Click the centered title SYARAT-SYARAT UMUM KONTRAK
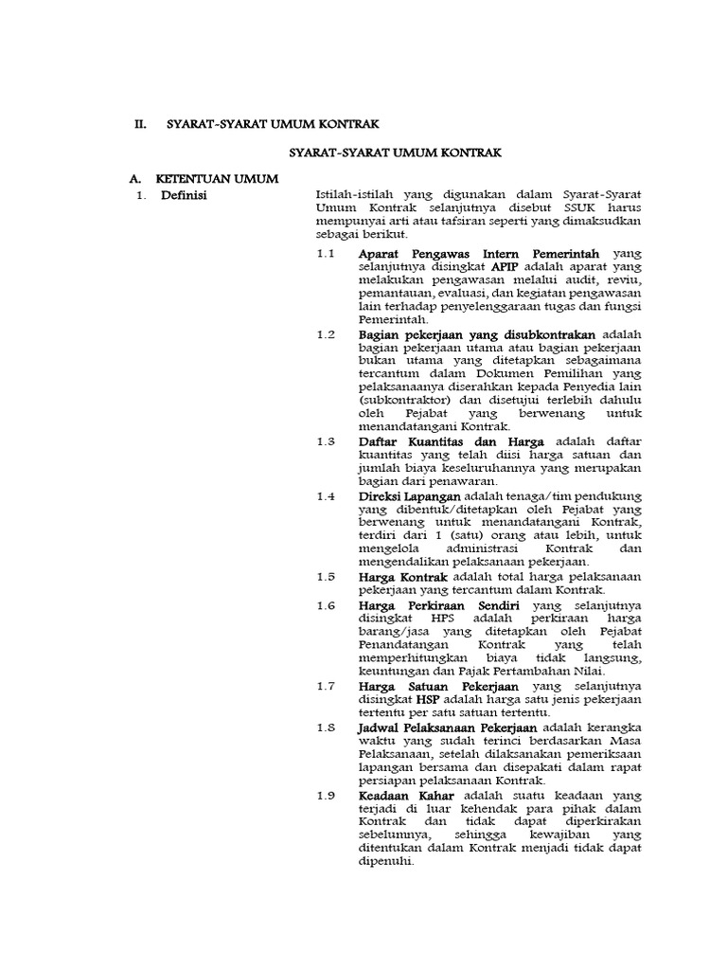[395, 152]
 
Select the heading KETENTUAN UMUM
[217, 178]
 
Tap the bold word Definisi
[180, 196]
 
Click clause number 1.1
[327, 255]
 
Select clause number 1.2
[327, 335]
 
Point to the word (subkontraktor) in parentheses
[404, 401]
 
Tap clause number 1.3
[327, 441]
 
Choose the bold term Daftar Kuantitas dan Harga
[453, 441]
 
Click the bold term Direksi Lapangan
[410, 495]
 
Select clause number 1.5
[327, 576]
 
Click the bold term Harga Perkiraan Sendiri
[441, 605]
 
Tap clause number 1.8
[327, 727]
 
